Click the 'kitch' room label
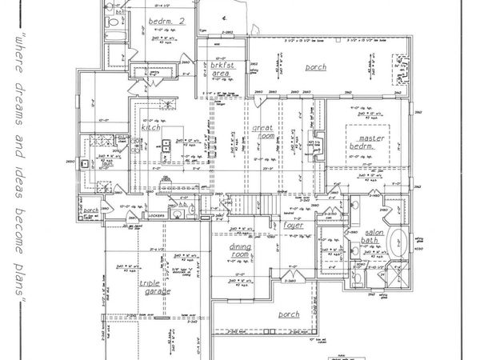pos(153,127)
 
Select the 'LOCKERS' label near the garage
pos(154,216)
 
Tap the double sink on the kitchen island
pos(166,147)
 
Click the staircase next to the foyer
pos(248,206)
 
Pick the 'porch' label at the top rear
pos(316,67)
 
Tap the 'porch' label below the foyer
pos(289,314)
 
